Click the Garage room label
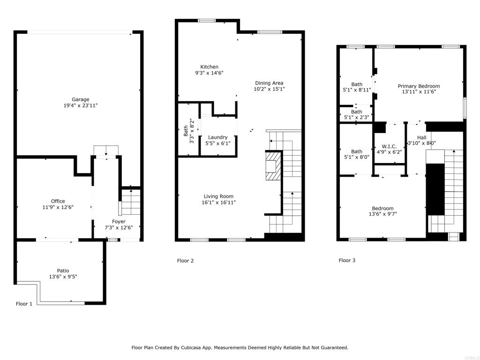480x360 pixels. point(81,99)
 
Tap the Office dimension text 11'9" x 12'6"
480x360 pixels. point(58,207)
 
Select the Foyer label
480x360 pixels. point(119,222)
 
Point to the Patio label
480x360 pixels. point(63,270)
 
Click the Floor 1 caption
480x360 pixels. point(24,304)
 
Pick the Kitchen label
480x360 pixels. point(210,67)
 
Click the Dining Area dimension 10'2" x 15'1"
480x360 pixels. point(270,89)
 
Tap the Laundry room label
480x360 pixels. point(217,137)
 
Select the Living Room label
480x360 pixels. point(218,196)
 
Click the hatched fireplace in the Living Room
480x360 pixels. point(273,166)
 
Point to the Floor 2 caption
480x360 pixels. point(185,261)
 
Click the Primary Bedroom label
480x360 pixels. point(419,86)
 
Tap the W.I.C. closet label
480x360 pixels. point(389,146)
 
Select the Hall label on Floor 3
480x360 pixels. point(421,138)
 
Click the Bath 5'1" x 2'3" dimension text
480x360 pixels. point(357,117)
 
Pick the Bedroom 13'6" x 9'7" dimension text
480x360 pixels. point(382,214)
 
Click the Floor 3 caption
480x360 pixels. point(347,260)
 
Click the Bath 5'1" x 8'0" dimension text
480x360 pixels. point(357,157)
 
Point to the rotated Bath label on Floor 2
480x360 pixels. point(186,131)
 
